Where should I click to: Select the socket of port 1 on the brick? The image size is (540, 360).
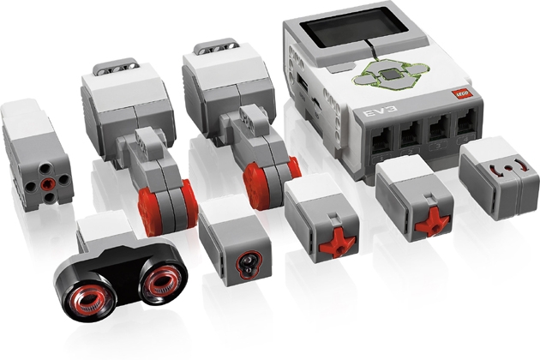pos(382,141)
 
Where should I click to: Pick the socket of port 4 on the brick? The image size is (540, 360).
pos(465,123)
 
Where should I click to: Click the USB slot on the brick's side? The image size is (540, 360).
pos(303,84)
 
